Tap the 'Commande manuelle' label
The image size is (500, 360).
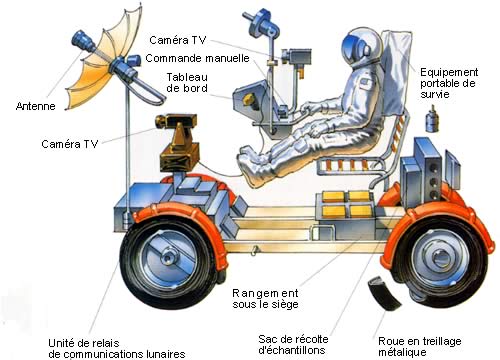[x=198, y=58]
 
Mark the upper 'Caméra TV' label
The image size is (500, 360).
[x=177, y=40]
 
